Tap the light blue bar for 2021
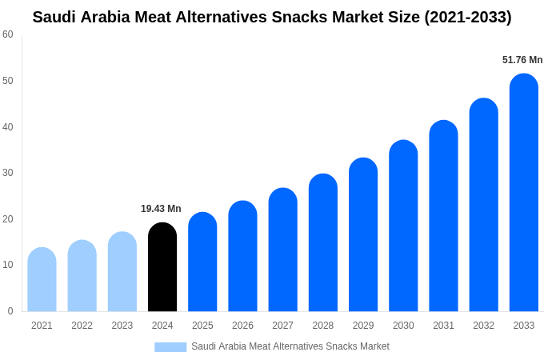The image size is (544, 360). pyautogui.click(x=42, y=280)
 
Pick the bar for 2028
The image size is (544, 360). pyautogui.click(x=323, y=243)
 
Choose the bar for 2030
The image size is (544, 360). pyautogui.click(x=403, y=226)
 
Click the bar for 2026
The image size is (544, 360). pyautogui.click(x=242, y=257)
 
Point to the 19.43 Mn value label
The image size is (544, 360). pyautogui.click(x=161, y=209)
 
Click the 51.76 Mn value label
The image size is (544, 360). pyautogui.click(x=522, y=60)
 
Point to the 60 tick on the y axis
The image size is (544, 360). pyautogui.click(x=8, y=34)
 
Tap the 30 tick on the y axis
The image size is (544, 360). pyautogui.click(x=8, y=173)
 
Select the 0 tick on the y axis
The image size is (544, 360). pyautogui.click(x=10, y=311)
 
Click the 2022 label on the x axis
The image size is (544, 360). pyautogui.click(x=82, y=326)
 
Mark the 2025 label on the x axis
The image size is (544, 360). pyautogui.click(x=202, y=326)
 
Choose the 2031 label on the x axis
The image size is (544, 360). pyautogui.click(x=443, y=326)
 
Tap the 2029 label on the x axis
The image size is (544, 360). pyautogui.click(x=363, y=326)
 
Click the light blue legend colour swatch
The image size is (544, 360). pyautogui.click(x=170, y=347)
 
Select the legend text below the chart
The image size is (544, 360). pyautogui.click(x=290, y=346)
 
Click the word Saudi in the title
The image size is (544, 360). pyautogui.click(x=54, y=17)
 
